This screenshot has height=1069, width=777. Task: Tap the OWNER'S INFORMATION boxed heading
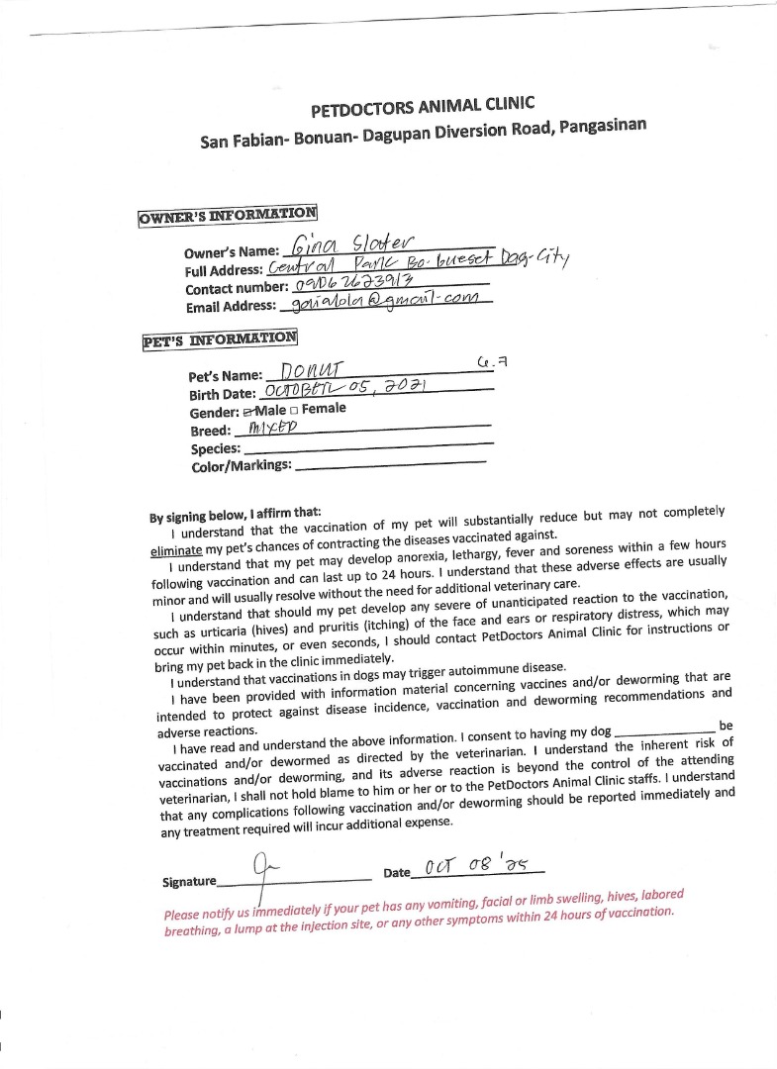coord(227,214)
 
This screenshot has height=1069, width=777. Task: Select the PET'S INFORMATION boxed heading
coord(219,339)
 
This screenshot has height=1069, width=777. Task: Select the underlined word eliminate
coord(176,550)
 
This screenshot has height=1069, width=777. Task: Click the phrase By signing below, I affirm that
coord(235,515)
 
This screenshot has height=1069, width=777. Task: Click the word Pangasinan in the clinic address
coord(595,128)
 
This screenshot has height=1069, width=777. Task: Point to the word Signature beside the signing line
coord(189,881)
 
